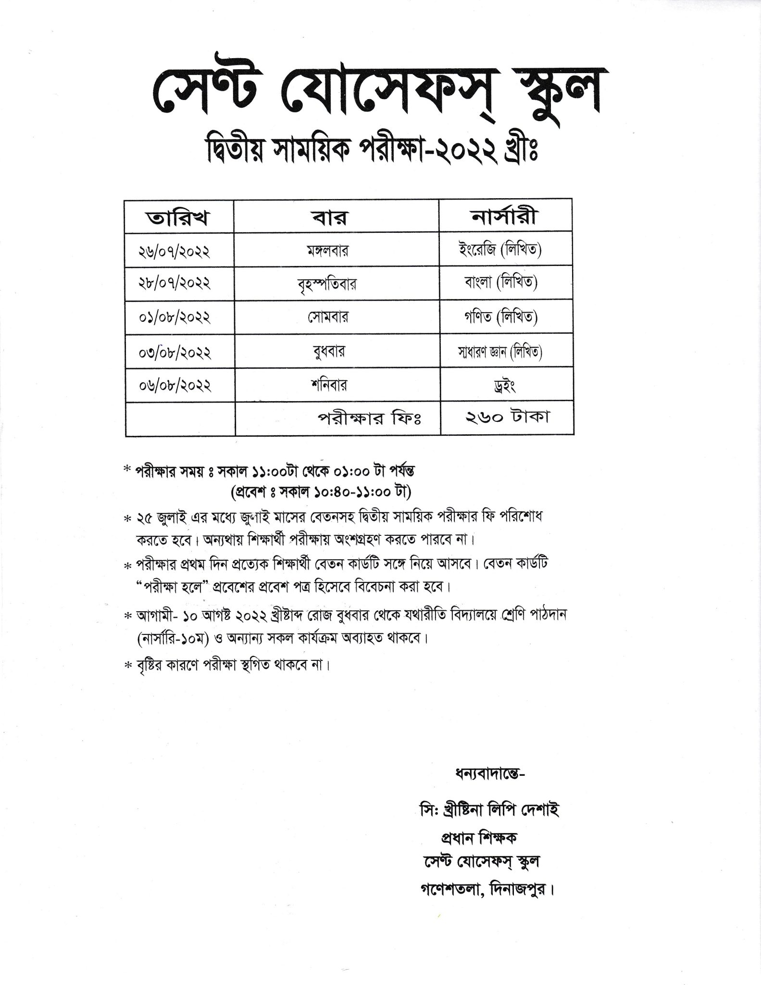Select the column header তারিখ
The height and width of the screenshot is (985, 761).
[178, 217]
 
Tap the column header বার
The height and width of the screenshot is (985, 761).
[336, 217]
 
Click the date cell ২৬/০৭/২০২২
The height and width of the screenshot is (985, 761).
[174, 251]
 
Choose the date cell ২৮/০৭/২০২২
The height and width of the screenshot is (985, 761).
[174, 284]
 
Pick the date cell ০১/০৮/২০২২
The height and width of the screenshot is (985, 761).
[174, 317]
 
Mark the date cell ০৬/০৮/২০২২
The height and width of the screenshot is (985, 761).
[174, 386]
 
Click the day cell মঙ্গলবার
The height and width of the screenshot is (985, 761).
[329, 251]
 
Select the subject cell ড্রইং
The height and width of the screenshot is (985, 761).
[504, 386]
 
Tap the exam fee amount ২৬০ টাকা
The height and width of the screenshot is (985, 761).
[507, 417]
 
